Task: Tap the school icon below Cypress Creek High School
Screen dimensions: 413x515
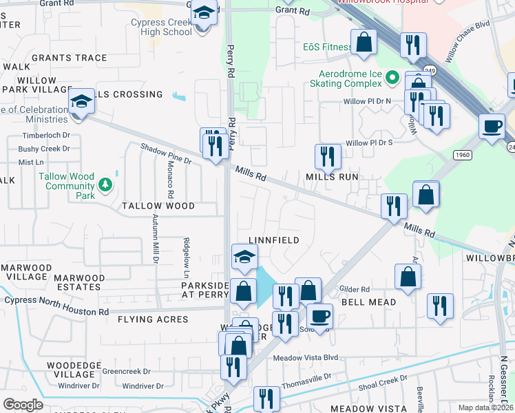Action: [203, 14]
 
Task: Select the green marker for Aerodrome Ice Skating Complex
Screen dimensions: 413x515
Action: [392, 76]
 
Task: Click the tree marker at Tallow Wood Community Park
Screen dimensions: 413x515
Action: [104, 184]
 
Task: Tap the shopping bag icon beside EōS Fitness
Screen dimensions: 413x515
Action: [364, 43]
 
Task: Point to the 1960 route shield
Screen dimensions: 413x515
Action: [462, 155]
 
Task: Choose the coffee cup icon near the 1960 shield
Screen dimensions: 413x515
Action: [492, 127]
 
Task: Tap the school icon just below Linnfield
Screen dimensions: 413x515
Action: [244, 257]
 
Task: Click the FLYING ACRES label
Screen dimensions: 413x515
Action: [153, 319]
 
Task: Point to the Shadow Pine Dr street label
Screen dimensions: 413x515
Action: [166, 153]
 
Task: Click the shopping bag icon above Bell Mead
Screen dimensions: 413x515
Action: [408, 277]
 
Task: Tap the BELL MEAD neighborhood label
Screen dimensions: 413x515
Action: [369, 302]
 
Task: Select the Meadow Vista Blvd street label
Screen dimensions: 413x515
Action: [306, 358]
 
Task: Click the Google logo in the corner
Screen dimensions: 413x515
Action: [22, 404]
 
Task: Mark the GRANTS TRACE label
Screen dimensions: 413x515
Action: [69, 58]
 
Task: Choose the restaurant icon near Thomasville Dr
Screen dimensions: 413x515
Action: [266, 398]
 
